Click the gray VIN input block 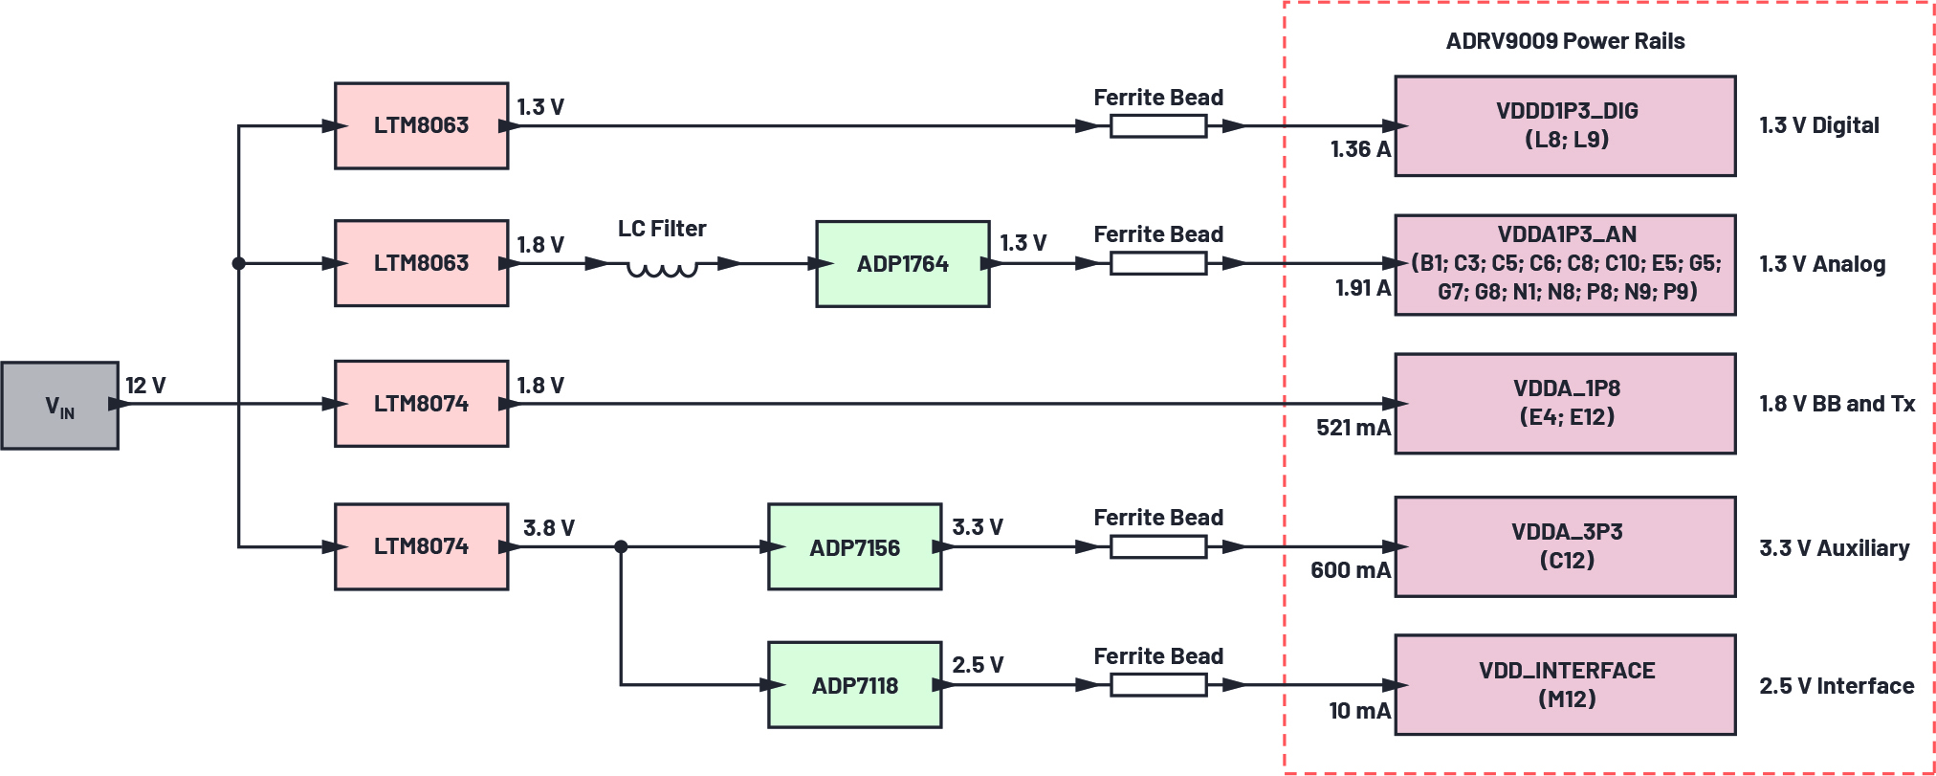pyautogui.click(x=59, y=406)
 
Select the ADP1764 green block pyautogui.click(x=902, y=264)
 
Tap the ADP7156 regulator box pyautogui.click(x=854, y=547)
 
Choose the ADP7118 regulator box pyautogui.click(x=854, y=685)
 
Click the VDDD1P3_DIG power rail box pyautogui.click(x=1565, y=125)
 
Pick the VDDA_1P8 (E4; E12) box pyautogui.click(x=1565, y=403)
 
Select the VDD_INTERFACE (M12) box pyautogui.click(x=1565, y=685)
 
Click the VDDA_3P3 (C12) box pyautogui.click(x=1565, y=546)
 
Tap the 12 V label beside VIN pyautogui.click(x=145, y=386)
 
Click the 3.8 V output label pyautogui.click(x=548, y=528)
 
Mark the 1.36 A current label pyautogui.click(x=1359, y=149)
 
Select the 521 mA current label pyautogui.click(x=1353, y=428)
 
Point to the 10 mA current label pyautogui.click(x=1358, y=711)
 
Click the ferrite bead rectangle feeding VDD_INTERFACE pyautogui.click(x=1157, y=685)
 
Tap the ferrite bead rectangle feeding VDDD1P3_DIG pyautogui.click(x=1157, y=125)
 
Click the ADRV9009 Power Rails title pyautogui.click(x=1565, y=41)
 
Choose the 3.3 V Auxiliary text pyautogui.click(x=1834, y=548)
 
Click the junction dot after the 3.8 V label pyautogui.click(x=621, y=547)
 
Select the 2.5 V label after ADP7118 pyautogui.click(x=977, y=665)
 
